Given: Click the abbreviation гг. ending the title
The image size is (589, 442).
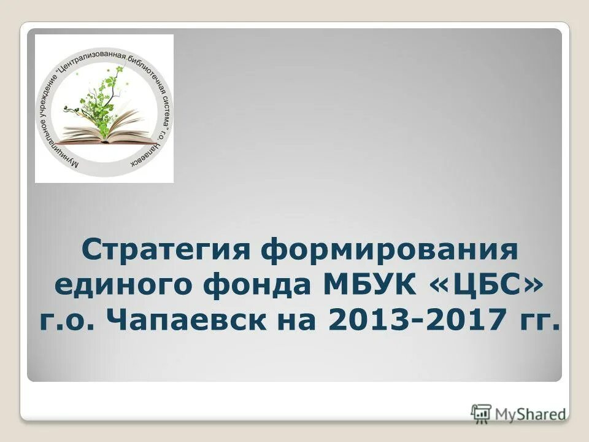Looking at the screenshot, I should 538,320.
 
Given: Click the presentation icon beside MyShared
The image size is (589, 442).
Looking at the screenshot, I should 482,413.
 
